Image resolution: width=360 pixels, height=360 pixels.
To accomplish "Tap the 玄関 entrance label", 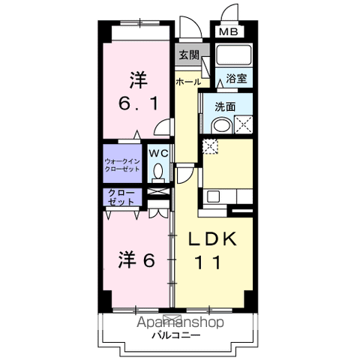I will (x=188, y=55).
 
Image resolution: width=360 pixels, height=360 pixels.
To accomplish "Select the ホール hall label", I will (x=187, y=81).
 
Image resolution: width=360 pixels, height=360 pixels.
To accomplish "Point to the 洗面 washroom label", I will (x=225, y=106).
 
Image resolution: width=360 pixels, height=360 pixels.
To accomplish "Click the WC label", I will (x=157, y=153).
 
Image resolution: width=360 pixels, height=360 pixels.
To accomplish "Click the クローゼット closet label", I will (x=121, y=199).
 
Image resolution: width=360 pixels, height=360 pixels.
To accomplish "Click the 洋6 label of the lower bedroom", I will (x=136, y=261).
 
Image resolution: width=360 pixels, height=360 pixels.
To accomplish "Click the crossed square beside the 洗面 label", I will (x=243, y=124).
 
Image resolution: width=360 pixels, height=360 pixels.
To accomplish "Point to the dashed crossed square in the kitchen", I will (x=210, y=146).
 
